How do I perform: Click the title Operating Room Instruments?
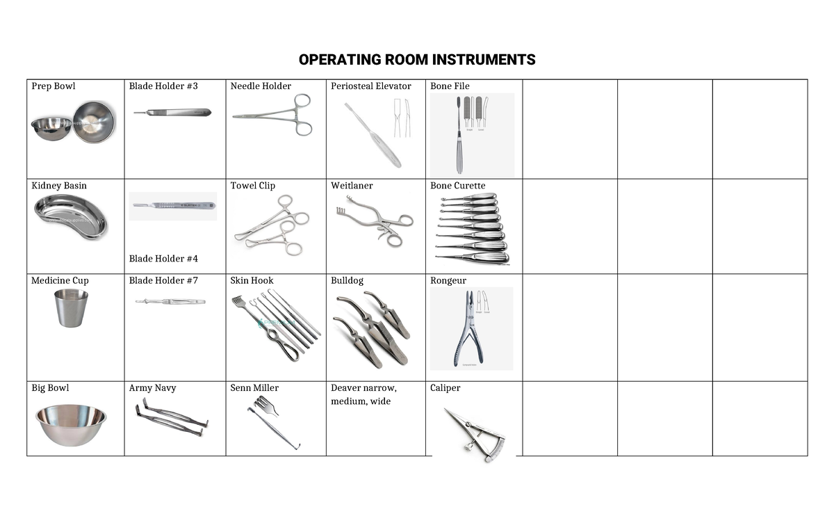click(417, 60)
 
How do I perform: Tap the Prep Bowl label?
click(54, 86)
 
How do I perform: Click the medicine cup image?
click(71, 307)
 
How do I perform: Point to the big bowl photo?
click(71, 424)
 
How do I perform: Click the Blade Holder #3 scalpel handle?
click(172, 112)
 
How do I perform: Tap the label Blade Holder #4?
click(163, 259)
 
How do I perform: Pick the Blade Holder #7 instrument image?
click(170, 302)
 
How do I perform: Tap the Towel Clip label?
click(253, 186)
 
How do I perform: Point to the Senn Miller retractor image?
click(272, 421)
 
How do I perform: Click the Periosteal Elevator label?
click(371, 86)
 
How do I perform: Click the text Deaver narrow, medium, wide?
click(363, 394)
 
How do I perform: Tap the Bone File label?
click(450, 86)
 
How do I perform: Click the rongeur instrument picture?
click(471, 328)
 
